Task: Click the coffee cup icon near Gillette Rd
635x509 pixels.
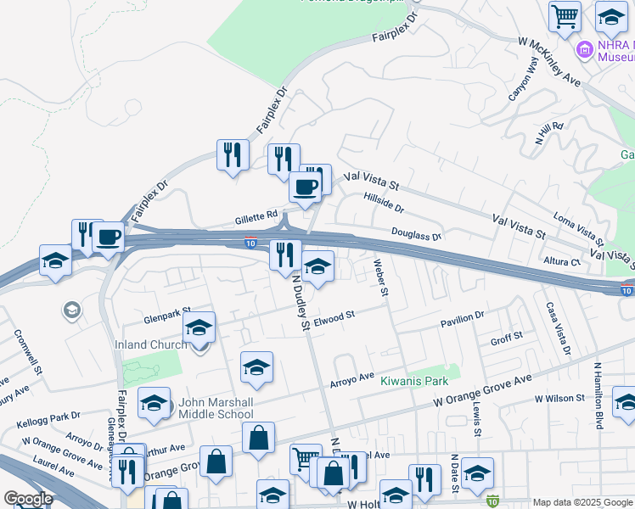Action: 306,187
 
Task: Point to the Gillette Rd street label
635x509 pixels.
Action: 256,218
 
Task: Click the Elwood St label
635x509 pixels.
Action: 333,319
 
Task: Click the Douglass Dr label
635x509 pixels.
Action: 417,234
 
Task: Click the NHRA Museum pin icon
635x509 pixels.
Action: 583,49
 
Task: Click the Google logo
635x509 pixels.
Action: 28,499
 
